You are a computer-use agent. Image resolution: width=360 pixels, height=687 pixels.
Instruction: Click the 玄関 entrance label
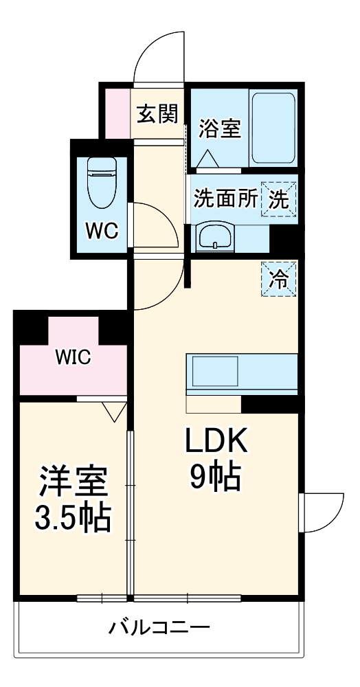coord(158,115)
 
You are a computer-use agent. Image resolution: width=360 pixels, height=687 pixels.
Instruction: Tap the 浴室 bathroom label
coord(220,128)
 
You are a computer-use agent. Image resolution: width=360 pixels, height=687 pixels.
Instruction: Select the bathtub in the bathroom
coord(273,128)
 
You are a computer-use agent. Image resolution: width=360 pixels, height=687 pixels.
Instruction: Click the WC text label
coord(102,231)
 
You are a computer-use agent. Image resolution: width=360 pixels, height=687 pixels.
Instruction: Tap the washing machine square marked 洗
coord(279,200)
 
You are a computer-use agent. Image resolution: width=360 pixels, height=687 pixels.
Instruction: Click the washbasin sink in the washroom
coord(214,236)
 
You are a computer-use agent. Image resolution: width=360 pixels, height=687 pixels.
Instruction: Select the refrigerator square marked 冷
coord(279,280)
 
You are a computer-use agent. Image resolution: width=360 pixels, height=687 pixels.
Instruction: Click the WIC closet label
coord(73,357)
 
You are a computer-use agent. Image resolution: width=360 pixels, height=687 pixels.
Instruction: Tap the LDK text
coord(216,442)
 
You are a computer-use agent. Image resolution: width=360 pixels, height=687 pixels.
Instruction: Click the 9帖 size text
coord(215,477)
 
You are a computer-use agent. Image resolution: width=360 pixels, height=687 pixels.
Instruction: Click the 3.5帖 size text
coord(73,517)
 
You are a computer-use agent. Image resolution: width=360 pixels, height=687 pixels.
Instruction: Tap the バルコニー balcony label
coord(159,629)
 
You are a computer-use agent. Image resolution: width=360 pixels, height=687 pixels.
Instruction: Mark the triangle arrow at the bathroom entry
coord(207,158)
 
